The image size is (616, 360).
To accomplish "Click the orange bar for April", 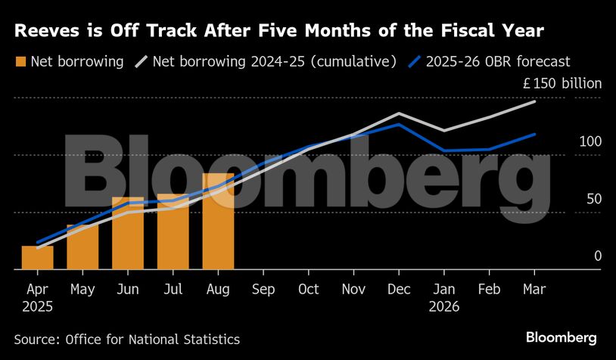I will click(x=37, y=258).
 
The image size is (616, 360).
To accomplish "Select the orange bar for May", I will click(x=82, y=247).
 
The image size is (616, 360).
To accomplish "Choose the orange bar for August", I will click(x=218, y=221).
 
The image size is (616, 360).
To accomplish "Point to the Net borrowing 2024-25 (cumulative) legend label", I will click(x=274, y=62).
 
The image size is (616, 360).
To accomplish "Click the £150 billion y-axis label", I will click(x=562, y=84).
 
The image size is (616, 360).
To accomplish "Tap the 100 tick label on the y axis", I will click(x=590, y=142).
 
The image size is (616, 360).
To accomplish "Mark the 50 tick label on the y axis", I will click(x=593, y=199).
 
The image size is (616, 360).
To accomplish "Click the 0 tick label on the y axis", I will click(x=597, y=256).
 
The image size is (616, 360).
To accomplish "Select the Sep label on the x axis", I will click(x=263, y=289).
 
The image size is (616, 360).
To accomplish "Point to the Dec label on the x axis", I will click(x=399, y=289).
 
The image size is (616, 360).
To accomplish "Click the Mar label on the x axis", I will click(x=534, y=289).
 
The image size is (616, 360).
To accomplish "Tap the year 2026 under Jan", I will click(x=444, y=307).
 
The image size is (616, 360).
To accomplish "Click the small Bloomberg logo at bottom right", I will click(x=562, y=338).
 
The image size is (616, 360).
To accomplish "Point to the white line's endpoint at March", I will click(x=535, y=101).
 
